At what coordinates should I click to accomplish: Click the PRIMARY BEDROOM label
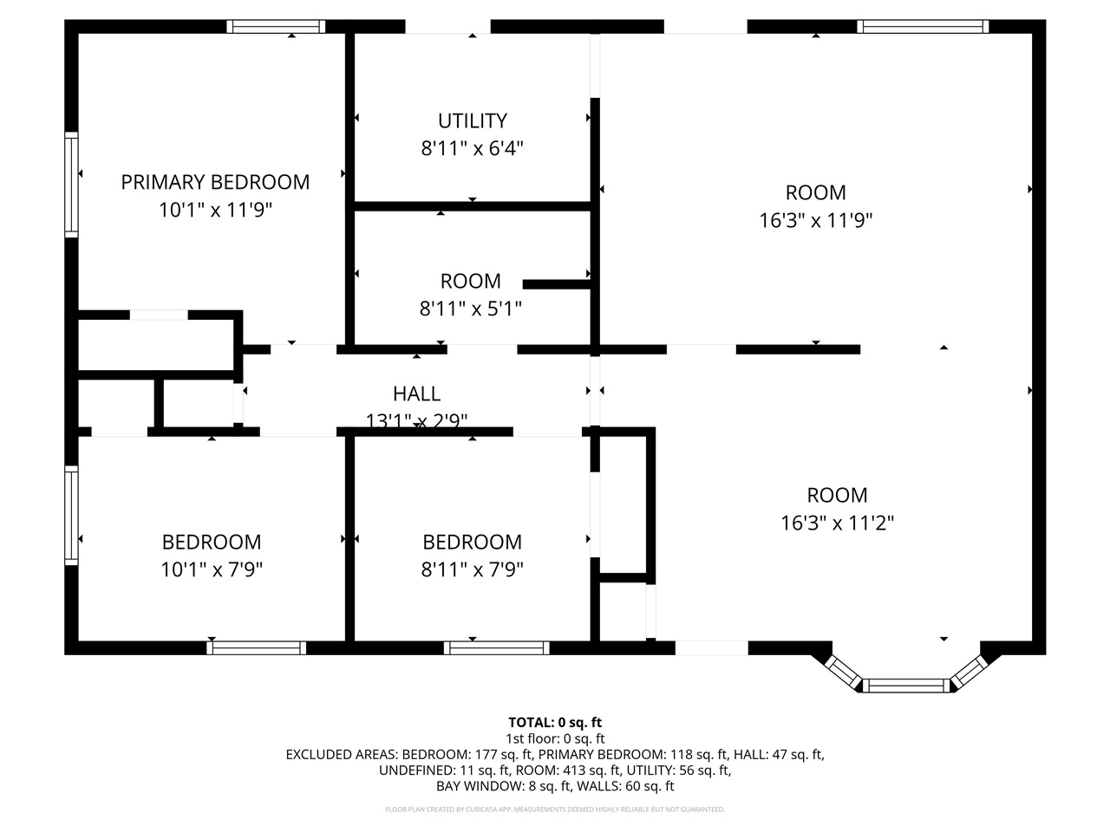click(215, 182)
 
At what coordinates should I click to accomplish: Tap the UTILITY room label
click(472, 120)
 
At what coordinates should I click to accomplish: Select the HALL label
click(416, 393)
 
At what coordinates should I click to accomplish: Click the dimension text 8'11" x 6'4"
click(472, 148)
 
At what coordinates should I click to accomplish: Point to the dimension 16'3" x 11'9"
click(815, 220)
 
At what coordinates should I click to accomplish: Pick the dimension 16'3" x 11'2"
click(837, 523)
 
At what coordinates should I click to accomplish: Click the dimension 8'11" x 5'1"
click(470, 309)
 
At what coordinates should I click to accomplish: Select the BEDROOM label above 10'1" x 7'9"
click(212, 542)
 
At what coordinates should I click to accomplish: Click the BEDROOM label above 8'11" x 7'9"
click(472, 542)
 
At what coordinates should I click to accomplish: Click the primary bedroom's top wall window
click(277, 26)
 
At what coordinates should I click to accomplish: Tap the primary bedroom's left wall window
click(72, 184)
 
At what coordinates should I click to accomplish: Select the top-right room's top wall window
click(923, 26)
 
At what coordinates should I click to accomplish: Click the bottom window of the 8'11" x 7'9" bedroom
click(497, 647)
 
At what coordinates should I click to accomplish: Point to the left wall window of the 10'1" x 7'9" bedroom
click(72, 516)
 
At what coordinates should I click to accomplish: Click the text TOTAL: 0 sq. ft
click(555, 722)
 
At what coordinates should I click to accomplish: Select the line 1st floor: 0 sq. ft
click(555, 738)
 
